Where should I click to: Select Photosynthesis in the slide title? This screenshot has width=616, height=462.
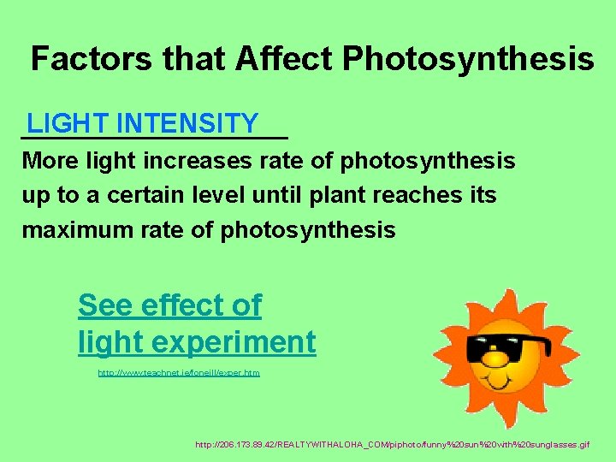pos(468,58)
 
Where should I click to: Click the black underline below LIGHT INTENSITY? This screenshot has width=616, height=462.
pos(155,138)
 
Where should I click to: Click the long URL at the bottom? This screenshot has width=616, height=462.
pos(392,445)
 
